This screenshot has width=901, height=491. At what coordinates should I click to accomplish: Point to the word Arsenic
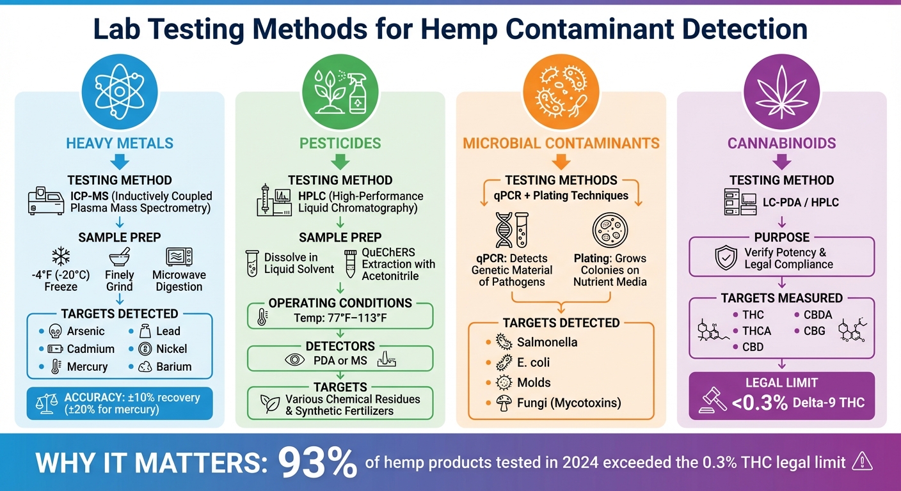[86, 331]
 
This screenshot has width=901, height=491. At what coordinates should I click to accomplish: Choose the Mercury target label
[87, 367]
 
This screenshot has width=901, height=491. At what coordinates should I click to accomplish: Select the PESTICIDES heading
[340, 143]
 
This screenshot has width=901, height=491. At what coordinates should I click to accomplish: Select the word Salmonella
[547, 342]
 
